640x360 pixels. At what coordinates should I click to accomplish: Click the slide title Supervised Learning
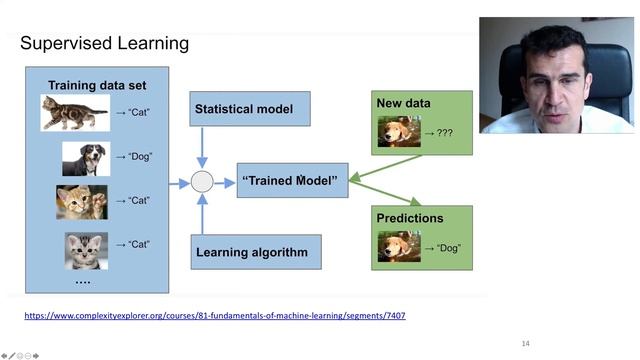coord(104,44)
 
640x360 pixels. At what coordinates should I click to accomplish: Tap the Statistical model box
coord(250,109)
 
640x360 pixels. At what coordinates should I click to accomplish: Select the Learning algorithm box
coord(256,252)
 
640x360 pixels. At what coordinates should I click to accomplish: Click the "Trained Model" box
coord(291,182)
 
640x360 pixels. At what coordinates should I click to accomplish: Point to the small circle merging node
coord(202,182)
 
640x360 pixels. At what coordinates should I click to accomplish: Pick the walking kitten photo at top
coord(74,113)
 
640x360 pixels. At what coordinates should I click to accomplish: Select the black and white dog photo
coord(85,158)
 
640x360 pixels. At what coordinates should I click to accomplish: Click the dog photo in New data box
coord(398,132)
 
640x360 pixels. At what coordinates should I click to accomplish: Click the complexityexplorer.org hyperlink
coord(214,316)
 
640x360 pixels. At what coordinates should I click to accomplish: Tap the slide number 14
coord(525,344)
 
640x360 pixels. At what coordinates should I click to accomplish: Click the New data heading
coord(403,103)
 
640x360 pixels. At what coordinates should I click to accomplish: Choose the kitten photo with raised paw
coord(81,201)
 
